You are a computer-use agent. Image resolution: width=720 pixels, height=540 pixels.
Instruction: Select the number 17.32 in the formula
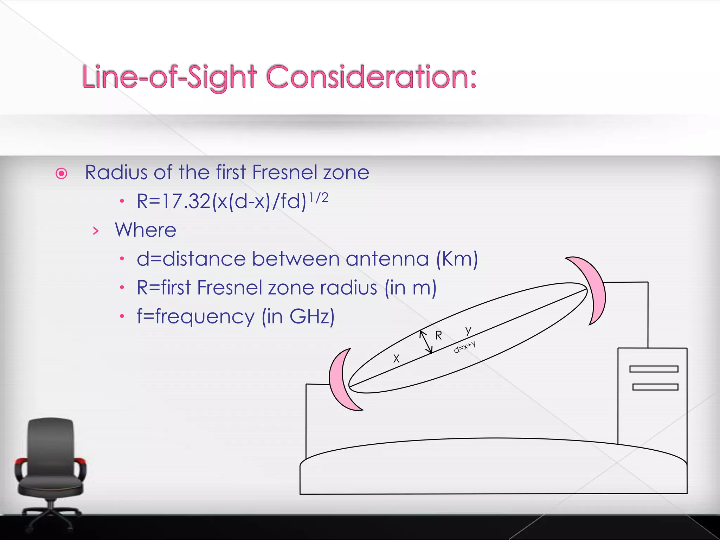point(186,201)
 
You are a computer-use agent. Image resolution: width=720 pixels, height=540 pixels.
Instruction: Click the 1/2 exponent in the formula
point(319,198)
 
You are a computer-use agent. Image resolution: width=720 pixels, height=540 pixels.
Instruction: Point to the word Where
point(146,230)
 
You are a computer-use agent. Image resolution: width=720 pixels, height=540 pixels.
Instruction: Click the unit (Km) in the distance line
point(457,259)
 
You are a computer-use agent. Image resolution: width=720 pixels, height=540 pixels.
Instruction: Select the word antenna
point(387,259)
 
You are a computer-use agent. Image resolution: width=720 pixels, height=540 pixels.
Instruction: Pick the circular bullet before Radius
point(62,174)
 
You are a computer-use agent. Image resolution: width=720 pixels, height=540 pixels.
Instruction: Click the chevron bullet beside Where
point(96,231)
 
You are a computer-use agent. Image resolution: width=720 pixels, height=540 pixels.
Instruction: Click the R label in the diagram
point(438,336)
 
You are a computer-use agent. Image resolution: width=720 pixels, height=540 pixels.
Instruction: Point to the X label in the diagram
point(396,359)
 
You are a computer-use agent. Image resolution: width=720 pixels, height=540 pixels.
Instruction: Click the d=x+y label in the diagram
point(465,347)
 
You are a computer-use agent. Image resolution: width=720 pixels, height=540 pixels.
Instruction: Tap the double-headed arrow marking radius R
point(426,342)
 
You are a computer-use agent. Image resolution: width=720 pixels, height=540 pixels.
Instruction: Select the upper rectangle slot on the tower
point(654,369)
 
